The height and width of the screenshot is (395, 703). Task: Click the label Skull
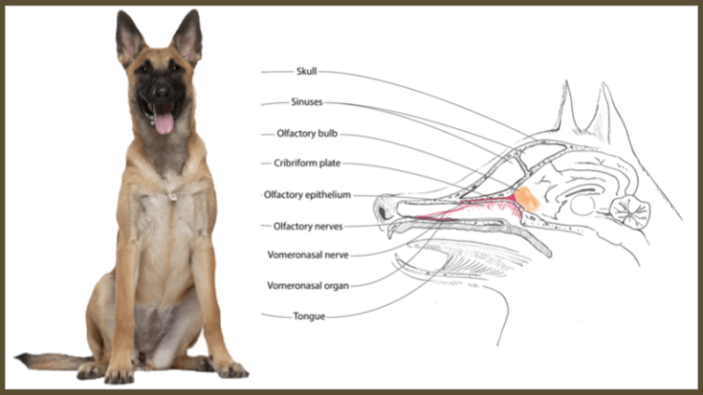307,71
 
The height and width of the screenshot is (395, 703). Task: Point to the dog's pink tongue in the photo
164,123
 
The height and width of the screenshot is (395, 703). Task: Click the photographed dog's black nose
161,93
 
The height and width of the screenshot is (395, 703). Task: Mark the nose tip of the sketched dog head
377,206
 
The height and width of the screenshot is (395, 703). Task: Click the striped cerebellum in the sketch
631,213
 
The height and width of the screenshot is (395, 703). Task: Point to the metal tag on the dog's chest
170,196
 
